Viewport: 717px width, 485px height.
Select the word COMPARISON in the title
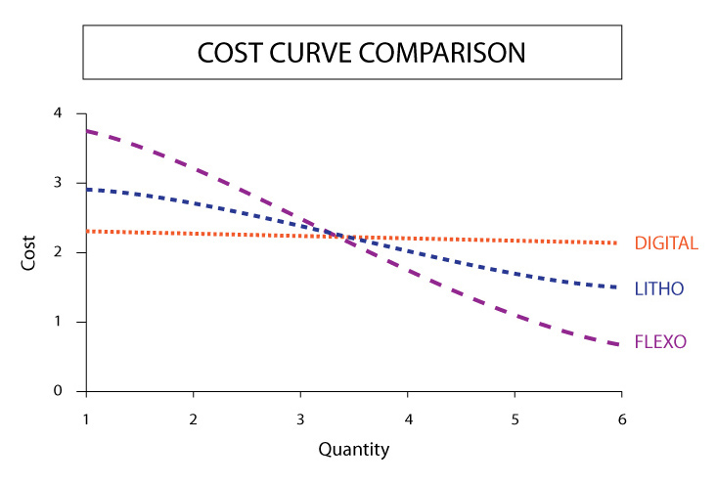point(438,52)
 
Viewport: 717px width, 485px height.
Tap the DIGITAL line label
point(666,243)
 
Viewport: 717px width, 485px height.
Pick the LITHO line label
point(658,289)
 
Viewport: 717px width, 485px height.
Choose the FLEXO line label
point(660,342)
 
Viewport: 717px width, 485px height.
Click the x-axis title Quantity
point(353,450)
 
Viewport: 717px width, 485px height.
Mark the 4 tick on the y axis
point(58,113)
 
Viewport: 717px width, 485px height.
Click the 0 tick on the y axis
point(58,391)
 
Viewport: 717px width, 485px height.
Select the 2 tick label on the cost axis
point(58,252)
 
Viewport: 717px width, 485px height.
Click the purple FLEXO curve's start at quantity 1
point(88,131)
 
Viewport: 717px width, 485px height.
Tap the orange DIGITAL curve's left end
point(88,231)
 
